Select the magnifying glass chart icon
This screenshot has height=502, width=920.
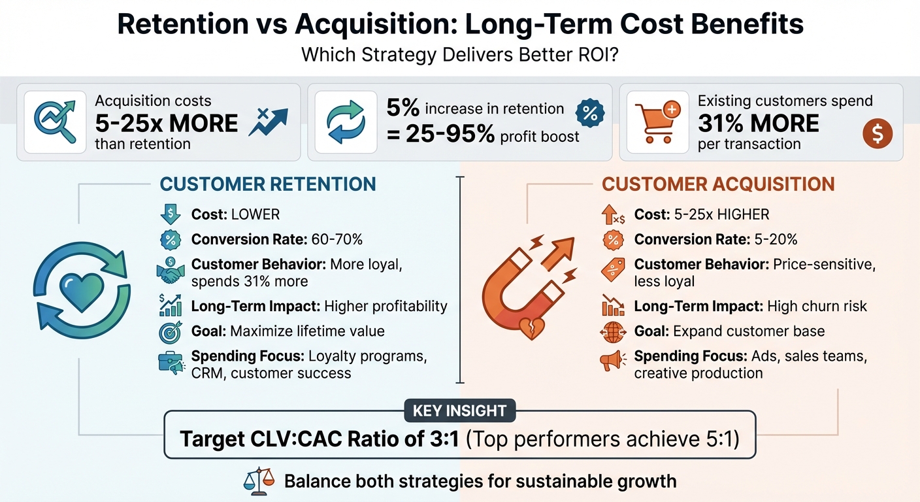(54, 122)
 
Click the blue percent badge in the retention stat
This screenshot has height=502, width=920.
(589, 113)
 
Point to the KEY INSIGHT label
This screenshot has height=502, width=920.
(459, 410)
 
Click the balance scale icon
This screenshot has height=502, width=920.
(257, 482)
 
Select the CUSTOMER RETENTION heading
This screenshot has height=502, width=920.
(268, 184)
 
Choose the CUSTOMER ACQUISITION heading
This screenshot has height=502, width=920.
(718, 184)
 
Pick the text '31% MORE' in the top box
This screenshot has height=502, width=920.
(758, 123)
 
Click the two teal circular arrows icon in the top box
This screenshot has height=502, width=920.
(346, 122)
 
